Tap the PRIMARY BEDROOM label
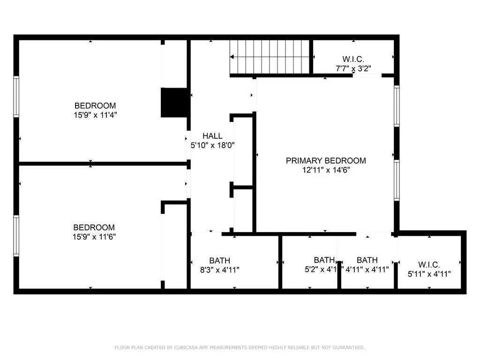(326, 161)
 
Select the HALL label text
(212, 136)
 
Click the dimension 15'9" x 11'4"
(95, 115)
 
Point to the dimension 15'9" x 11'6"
(95, 237)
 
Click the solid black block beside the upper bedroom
(174, 102)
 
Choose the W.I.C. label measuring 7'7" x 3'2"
(353, 59)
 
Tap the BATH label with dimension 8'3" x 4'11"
(219, 260)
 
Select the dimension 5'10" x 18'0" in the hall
(212, 145)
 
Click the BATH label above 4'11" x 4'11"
(367, 260)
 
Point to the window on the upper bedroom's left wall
(16, 97)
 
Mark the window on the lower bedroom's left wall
(16, 235)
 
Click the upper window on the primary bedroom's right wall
(397, 106)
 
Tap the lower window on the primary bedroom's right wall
(397, 180)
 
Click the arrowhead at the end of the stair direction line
(232, 57)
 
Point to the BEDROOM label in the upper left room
(95, 105)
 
